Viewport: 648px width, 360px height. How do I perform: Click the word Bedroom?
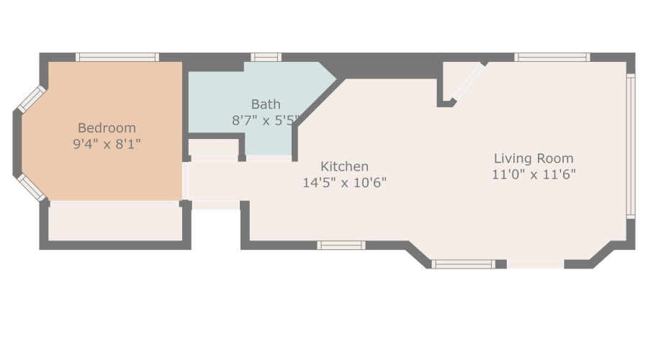(x=107, y=127)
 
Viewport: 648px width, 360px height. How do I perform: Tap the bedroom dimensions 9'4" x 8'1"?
(x=107, y=143)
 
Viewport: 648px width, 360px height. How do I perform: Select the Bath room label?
(x=266, y=104)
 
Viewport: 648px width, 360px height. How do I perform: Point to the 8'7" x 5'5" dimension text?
(x=265, y=120)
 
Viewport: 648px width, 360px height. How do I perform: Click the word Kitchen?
(x=344, y=166)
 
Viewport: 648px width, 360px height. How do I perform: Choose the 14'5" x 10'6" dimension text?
(x=344, y=182)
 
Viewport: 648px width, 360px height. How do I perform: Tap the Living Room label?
(x=534, y=158)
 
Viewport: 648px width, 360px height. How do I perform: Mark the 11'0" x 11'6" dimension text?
(x=534, y=174)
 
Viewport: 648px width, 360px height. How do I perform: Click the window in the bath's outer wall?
(x=266, y=57)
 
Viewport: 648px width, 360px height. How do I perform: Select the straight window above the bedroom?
(x=117, y=57)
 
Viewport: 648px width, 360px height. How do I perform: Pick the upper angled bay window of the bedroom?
(x=31, y=99)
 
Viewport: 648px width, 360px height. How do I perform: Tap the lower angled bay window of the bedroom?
(x=31, y=186)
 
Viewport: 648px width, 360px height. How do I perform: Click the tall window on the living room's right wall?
(x=630, y=145)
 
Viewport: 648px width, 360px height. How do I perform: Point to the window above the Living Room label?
(x=552, y=57)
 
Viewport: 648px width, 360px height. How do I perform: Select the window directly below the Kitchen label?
(x=341, y=246)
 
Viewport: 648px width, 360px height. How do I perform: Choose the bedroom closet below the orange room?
(x=115, y=223)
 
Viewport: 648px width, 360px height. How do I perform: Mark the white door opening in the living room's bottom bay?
(x=535, y=264)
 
